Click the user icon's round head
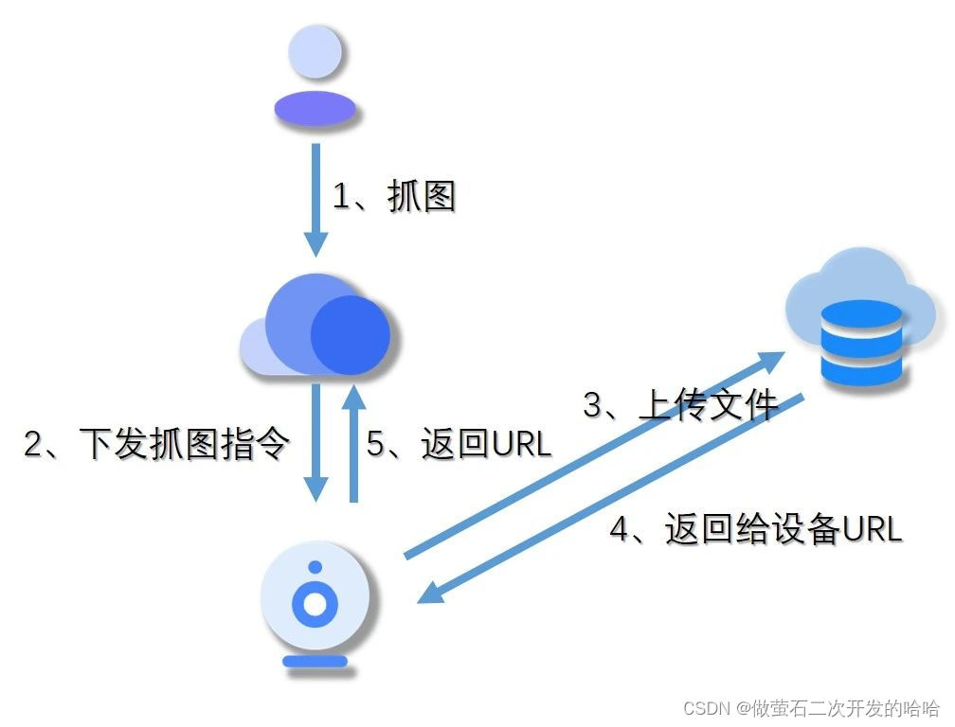[x=315, y=52]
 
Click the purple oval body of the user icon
[x=315, y=109]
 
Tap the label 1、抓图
[x=394, y=197]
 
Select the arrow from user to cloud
[x=315, y=199]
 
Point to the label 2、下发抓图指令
[x=155, y=444]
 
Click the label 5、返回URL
[x=459, y=444]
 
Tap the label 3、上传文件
[x=680, y=405]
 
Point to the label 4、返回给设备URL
[x=755, y=529]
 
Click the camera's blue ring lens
[x=315, y=603]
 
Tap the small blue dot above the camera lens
[x=315, y=568]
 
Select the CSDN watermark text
[x=811, y=708]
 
